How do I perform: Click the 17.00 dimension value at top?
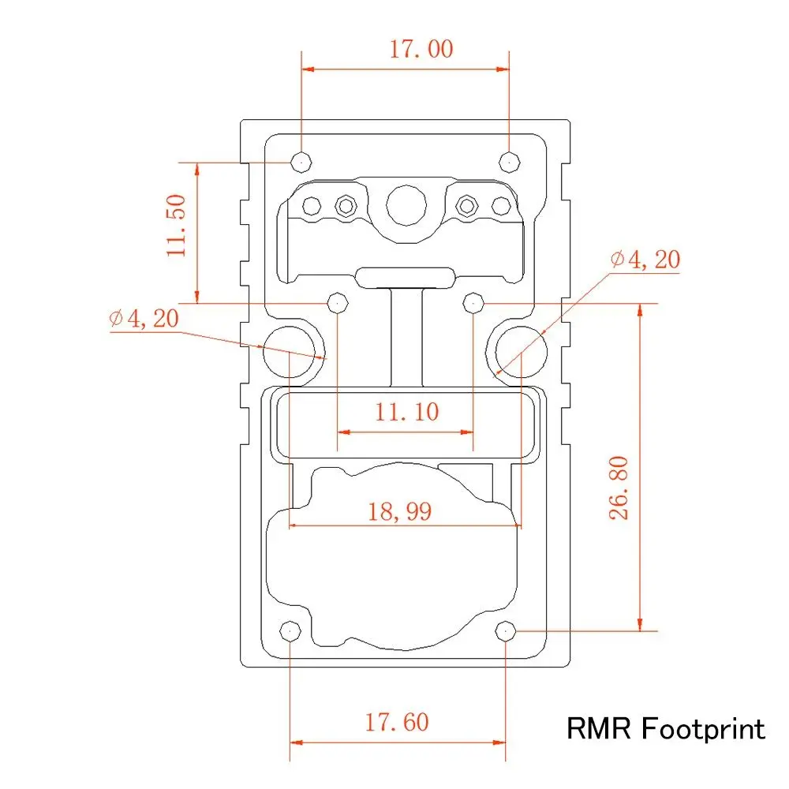(421, 49)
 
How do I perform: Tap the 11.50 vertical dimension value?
(177, 225)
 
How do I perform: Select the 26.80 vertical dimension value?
(619, 487)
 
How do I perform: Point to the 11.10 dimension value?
(406, 411)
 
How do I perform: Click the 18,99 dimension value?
(400, 511)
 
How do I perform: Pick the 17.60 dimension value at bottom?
(396, 721)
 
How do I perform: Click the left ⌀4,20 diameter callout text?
(144, 319)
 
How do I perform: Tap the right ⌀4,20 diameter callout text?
(645, 259)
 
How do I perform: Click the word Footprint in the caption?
(702, 728)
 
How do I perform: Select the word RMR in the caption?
(600, 728)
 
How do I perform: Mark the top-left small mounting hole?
(301, 161)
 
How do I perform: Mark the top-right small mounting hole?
(510, 161)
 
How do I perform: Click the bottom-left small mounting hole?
(290, 631)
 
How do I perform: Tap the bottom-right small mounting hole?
(506, 630)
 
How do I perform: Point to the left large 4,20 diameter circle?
(290, 348)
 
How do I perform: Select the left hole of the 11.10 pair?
(338, 302)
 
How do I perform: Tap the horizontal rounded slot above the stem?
(405, 278)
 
